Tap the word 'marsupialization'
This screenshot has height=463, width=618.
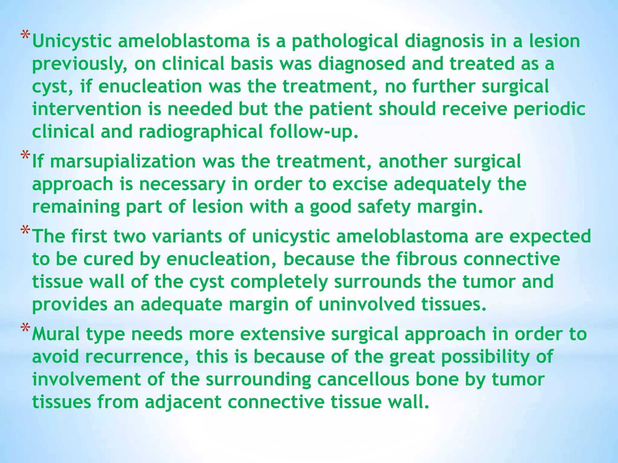(123, 162)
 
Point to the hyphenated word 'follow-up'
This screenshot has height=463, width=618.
(314, 132)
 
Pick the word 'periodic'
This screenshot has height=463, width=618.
(549, 109)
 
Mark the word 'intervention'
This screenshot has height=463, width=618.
(87, 109)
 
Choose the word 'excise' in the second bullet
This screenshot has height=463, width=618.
(360, 184)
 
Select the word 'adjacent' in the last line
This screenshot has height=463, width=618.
(183, 402)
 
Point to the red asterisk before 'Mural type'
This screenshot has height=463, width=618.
(25, 328)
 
